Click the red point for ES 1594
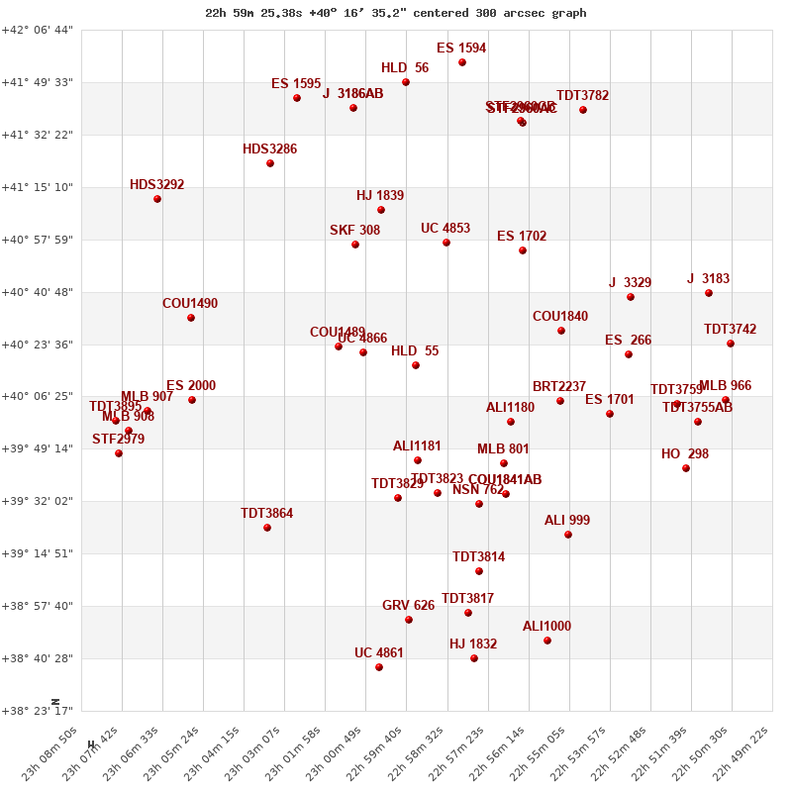pyautogui.click(x=462, y=62)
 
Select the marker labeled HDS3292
pyautogui.click(x=157, y=199)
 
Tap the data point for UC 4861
pyautogui.click(x=379, y=667)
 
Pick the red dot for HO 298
pyautogui.click(x=686, y=468)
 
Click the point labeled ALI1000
pyautogui.click(x=547, y=641)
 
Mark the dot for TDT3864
pyautogui.click(x=267, y=528)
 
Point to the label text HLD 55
pyautogui.click(x=415, y=351)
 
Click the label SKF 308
pyautogui.click(x=354, y=231)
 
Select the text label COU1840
pyautogui.click(x=560, y=317)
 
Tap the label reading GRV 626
pyautogui.click(x=408, y=606)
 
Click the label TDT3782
pyautogui.click(x=582, y=96)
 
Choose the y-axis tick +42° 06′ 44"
pyautogui.click(x=38, y=30)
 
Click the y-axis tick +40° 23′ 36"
pyautogui.click(x=38, y=345)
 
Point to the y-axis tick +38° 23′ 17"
pyautogui.click(x=38, y=711)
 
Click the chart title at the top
pyautogui.click(x=396, y=13)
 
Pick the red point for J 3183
pyautogui.click(x=709, y=293)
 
